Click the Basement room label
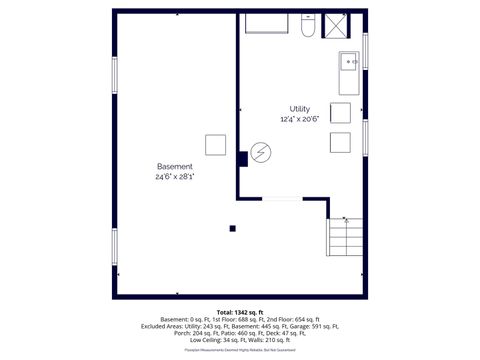tap(175, 165)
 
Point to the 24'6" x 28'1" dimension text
tap(175, 176)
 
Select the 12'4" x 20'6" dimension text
tap(300, 119)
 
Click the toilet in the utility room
tap(309, 26)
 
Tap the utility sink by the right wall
tap(350, 62)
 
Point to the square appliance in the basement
tap(216, 144)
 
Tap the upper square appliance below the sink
tap(340, 112)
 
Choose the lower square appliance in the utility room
tap(340, 141)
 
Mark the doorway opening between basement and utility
tap(283, 198)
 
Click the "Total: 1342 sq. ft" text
tap(239, 312)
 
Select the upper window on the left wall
tap(115, 79)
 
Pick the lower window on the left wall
tap(115, 247)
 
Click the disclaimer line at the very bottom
tap(239, 351)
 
